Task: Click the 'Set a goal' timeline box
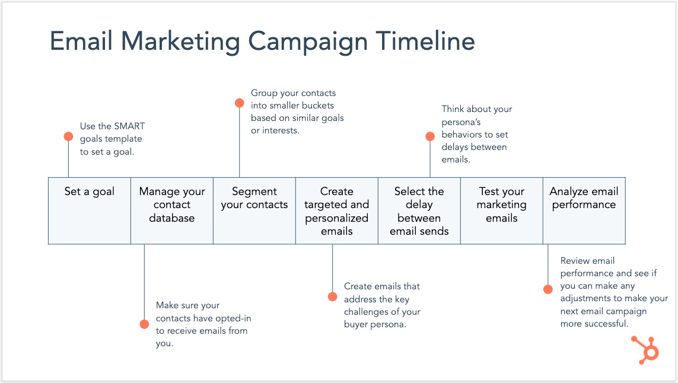(90, 210)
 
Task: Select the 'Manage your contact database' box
(172, 210)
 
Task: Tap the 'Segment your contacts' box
(254, 210)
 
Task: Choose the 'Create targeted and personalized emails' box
(337, 210)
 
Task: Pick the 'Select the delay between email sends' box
(419, 210)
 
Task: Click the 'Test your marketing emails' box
(502, 210)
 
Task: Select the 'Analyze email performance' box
(584, 210)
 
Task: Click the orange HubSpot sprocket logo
(645, 349)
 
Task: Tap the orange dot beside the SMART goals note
(68, 136)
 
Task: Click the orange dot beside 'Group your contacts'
(239, 103)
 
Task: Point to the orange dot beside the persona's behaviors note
(430, 136)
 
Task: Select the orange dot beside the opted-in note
(144, 324)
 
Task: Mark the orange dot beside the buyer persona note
(332, 296)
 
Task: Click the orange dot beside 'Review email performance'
(548, 289)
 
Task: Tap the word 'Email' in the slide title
(82, 42)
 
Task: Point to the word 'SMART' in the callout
(129, 126)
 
